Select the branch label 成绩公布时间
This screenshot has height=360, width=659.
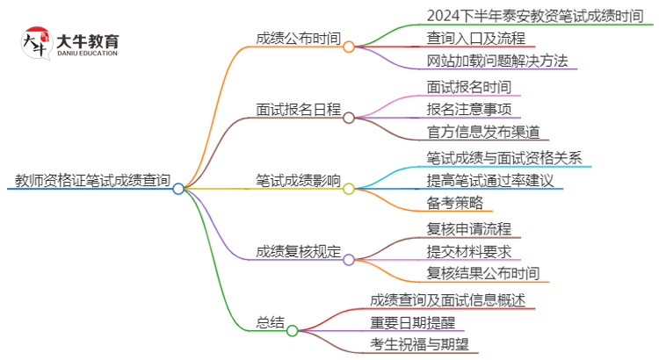coord(298,39)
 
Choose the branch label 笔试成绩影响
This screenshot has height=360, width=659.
coord(298,181)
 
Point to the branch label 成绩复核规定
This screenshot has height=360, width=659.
coord(298,252)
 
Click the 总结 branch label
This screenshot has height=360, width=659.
coord(272,323)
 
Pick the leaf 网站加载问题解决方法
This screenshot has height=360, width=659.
coord(496,61)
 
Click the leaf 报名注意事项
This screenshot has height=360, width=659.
coord(468,110)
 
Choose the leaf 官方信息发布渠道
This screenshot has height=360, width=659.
coord(482,133)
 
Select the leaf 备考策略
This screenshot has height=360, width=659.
coord(454,204)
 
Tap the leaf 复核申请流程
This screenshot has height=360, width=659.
coord(468,229)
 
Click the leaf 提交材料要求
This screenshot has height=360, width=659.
coord(468,252)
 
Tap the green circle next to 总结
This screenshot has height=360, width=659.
coord(293,331)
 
